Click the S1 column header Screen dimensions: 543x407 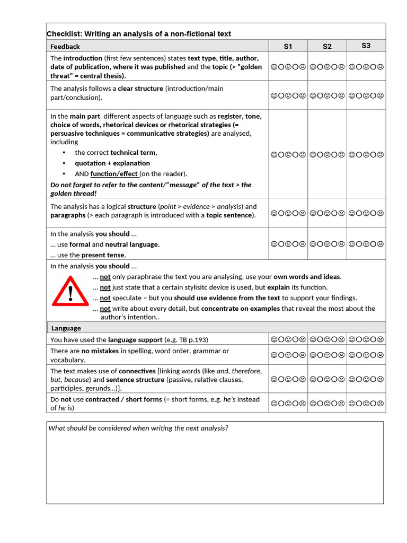coord(288,46)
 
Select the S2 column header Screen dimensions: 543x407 coord(327,46)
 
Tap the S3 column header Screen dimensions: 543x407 coord(366,46)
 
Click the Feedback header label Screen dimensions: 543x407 coord(65,47)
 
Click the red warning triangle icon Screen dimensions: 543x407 coord(70,292)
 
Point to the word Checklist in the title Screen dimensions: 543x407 coord(64,34)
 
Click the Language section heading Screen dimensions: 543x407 coord(66,328)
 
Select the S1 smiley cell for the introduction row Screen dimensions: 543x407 coord(288,67)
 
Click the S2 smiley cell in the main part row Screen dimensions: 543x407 coord(328,155)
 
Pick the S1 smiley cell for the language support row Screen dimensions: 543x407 coord(288,339)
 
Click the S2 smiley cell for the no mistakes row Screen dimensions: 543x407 coord(328,355)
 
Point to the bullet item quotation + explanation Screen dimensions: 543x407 coord(112,163)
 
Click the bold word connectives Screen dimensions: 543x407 coord(137,371)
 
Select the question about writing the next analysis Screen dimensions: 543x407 coord(138,428)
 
